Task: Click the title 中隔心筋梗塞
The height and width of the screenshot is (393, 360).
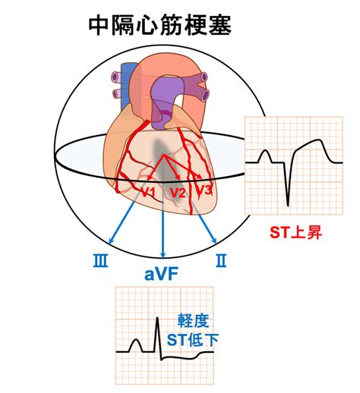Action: click(x=160, y=26)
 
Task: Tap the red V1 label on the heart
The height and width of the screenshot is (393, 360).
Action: click(x=148, y=193)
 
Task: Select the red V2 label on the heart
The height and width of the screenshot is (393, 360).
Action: click(x=178, y=193)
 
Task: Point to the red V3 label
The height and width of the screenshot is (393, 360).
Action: click(x=204, y=190)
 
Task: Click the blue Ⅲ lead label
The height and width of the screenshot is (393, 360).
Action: click(x=100, y=261)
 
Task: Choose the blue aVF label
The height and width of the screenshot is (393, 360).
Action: click(x=161, y=274)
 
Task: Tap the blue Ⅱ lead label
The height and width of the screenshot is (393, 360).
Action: click(x=221, y=261)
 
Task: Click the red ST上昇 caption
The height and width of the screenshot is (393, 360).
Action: click(x=295, y=232)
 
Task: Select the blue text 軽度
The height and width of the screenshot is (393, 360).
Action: click(x=193, y=321)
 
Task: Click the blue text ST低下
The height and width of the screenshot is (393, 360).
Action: click(x=193, y=340)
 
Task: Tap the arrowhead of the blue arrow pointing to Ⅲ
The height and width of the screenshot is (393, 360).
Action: click(x=111, y=241)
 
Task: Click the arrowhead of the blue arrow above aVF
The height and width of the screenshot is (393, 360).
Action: click(x=163, y=255)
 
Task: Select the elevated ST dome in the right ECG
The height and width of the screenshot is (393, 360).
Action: click(x=314, y=143)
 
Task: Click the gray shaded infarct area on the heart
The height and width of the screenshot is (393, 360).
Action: click(x=165, y=167)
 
